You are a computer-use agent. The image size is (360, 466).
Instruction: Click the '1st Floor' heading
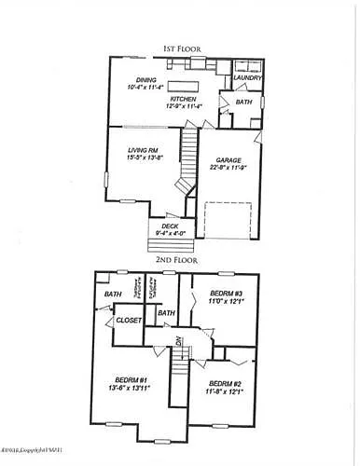pyautogui.click(x=179, y=48)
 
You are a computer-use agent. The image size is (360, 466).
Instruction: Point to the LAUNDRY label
pyautogui.click(x=245, y=78)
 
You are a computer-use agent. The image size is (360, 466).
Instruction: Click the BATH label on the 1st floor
pyautogui.click(x=243, y=102)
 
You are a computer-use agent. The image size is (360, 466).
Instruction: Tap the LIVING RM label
pyautogui.click(x=145, y=149)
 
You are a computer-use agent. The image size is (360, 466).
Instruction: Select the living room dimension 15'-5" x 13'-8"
pyautogui.click(x=145, y=158)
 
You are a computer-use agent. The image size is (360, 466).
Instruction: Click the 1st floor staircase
pyautogui.click(x=190, y=153)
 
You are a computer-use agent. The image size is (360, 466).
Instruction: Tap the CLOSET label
pyautogui.click(x=128, y=321)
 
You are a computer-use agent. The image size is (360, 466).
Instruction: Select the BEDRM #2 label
pyautogui.click(x=227, y=384)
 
